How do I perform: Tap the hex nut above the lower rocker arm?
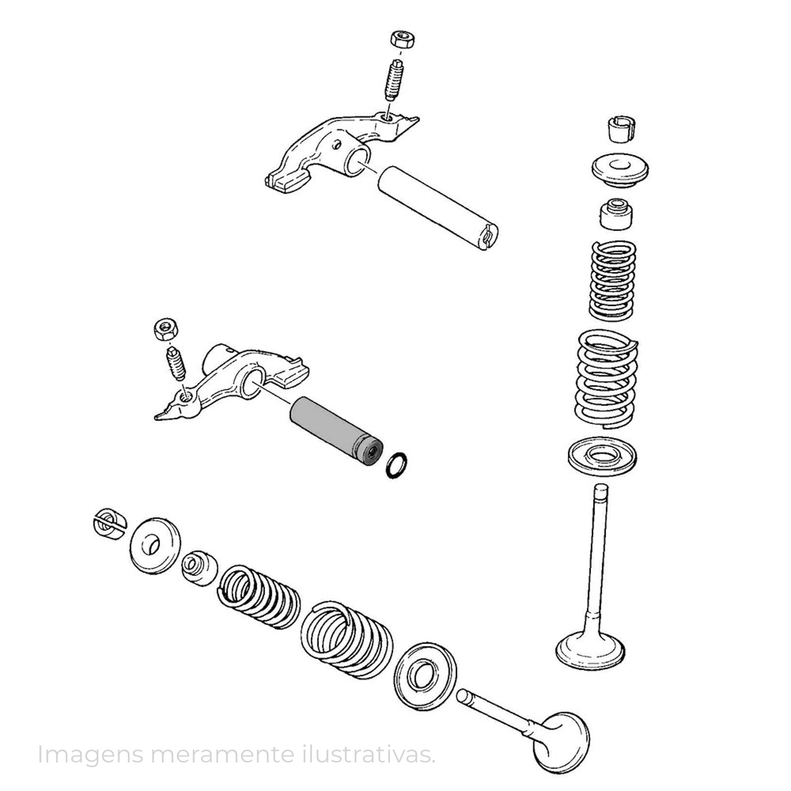pyautogui.click(x=166, y=329)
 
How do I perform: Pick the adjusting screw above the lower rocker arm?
pyautogui.click(x=176, y=364)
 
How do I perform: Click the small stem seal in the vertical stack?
pyautogui.click(x=616, y=214)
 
